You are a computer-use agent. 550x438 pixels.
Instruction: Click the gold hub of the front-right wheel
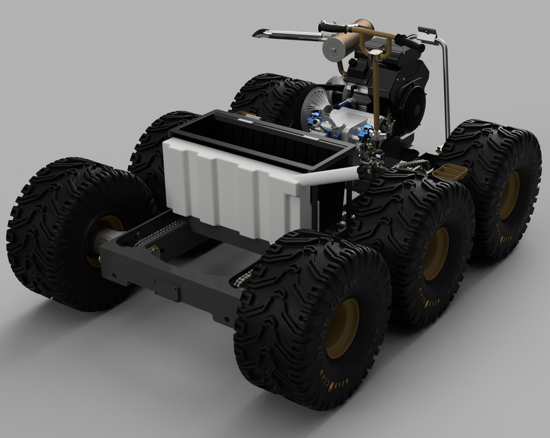342,328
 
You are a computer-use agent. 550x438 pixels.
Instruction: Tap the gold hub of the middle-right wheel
436,254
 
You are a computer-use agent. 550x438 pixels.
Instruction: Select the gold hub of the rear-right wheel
509,195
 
